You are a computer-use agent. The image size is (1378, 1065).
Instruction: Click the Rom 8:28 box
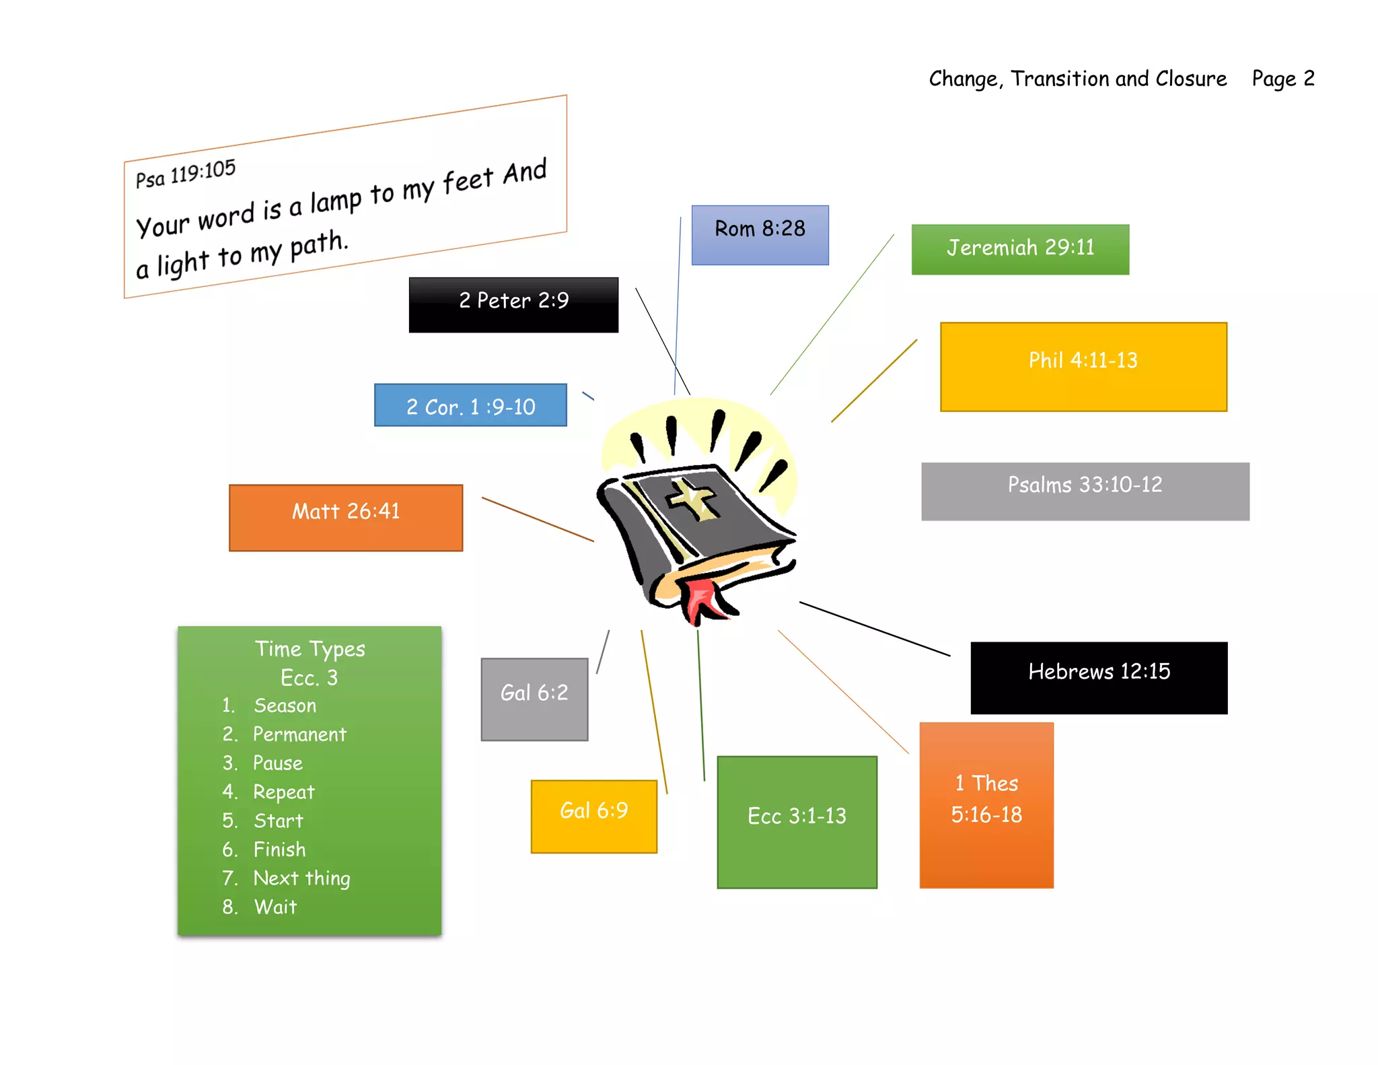coord(760,235)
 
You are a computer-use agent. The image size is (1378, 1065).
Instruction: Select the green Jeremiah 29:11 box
coord(1019,249)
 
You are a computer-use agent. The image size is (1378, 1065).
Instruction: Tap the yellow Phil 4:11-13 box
coord(1083,367)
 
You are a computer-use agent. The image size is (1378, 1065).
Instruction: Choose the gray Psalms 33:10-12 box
coord(1085,491)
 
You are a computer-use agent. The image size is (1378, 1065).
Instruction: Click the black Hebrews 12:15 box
coord(1098,677)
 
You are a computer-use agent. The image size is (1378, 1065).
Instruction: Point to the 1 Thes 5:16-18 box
coord(986,804)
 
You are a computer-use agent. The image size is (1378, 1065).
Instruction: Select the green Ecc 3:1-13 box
coord(797,821)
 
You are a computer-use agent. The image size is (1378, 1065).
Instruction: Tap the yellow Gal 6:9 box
coord(593,816)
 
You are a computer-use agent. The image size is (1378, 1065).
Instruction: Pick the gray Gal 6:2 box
coord(534,699)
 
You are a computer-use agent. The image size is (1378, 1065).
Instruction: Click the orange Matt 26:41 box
coord(346,517)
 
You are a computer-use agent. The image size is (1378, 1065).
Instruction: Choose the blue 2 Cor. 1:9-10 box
coord(470,405)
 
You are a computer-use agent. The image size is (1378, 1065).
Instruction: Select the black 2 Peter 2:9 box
coord(513,304)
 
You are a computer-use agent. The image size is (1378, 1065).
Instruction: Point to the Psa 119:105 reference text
coord(186,173)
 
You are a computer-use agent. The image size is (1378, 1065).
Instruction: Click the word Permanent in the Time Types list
coord(299,734)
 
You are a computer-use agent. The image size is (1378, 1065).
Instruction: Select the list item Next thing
coord(301,879)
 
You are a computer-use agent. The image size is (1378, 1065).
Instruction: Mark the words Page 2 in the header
coord(1282,79)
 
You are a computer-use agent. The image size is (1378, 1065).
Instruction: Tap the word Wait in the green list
coord(275,907)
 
